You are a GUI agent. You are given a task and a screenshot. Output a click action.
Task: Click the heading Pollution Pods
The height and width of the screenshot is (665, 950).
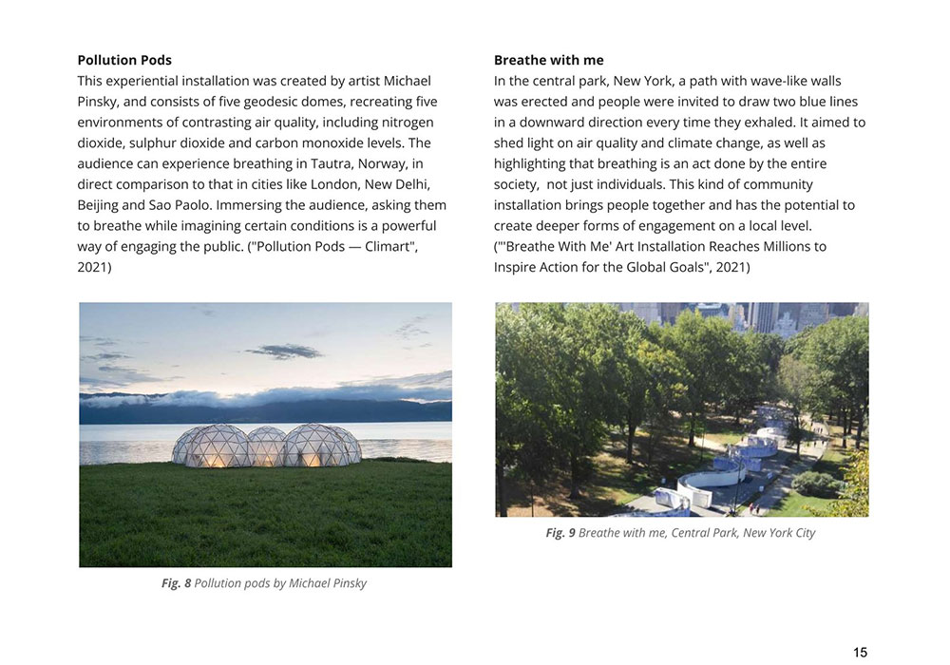(124, 60)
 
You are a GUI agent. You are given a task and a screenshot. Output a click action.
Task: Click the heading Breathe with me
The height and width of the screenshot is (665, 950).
(548, 60)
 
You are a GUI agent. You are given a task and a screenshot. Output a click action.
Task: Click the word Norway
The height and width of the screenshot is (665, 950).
(371, 163)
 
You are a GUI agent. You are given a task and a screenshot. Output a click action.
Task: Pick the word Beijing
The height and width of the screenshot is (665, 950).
(99, 205)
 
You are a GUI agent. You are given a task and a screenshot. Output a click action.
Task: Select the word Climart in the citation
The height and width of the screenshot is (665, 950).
(387, 247)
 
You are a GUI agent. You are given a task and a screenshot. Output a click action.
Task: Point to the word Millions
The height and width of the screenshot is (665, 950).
(770, 247)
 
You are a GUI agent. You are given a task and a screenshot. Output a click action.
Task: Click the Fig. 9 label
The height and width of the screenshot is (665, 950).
(560, 533)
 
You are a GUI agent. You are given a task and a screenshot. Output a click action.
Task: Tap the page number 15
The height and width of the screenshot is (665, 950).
(860, 652)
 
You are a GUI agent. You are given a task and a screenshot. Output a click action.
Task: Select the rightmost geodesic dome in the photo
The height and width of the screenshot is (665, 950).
(322, 446)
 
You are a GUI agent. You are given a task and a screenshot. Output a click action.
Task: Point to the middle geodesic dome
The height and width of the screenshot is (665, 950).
(265, 445)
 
